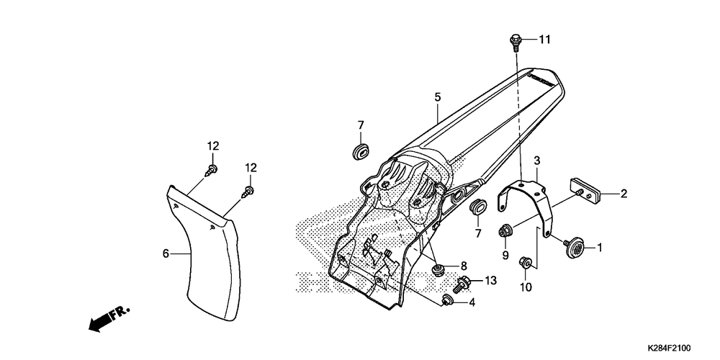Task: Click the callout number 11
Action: coord(544,40)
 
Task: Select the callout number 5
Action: coord(437,96)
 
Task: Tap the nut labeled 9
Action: coord(505,231)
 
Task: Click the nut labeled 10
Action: coord(526,264)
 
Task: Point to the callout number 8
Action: coord(463,266)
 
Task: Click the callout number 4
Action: coord(472,302)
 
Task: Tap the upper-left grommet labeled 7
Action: coord(360,152)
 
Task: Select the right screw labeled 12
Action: coord(249,192)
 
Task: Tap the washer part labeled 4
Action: coord(449,300)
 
